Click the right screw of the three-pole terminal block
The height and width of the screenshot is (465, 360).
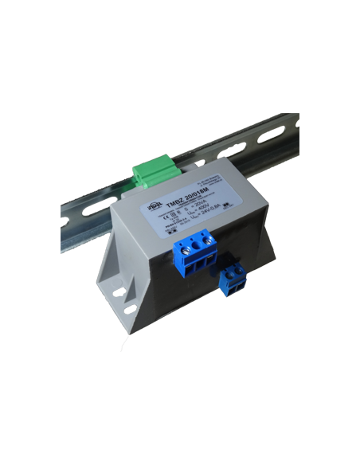(x=210, y=237)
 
